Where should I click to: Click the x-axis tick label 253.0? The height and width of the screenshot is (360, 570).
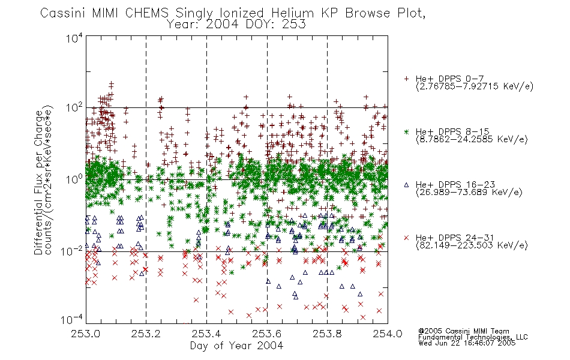86,334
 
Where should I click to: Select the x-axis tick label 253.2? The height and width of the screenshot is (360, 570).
146,334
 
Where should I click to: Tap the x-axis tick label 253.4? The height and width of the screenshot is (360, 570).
206,334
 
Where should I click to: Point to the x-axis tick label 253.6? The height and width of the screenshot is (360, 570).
267,334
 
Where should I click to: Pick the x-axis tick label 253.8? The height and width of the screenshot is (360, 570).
327,334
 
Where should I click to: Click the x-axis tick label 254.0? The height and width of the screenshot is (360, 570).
388,334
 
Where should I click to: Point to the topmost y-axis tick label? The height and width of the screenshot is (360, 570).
74,38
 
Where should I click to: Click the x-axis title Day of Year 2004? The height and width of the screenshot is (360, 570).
236,346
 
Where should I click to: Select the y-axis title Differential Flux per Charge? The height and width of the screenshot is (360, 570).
38,182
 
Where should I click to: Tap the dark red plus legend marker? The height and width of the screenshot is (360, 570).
406,79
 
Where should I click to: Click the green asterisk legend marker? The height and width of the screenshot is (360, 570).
406,131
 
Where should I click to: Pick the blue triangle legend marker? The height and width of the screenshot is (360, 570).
406,185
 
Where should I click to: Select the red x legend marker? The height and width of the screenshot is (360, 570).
406,238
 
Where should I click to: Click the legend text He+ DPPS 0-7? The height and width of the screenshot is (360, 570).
449,79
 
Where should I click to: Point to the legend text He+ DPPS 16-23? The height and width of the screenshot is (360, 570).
455,185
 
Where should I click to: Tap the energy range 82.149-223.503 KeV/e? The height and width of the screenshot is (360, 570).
472,245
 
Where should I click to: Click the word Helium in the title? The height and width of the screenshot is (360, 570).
293,13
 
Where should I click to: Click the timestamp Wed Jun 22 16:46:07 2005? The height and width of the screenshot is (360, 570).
467,343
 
